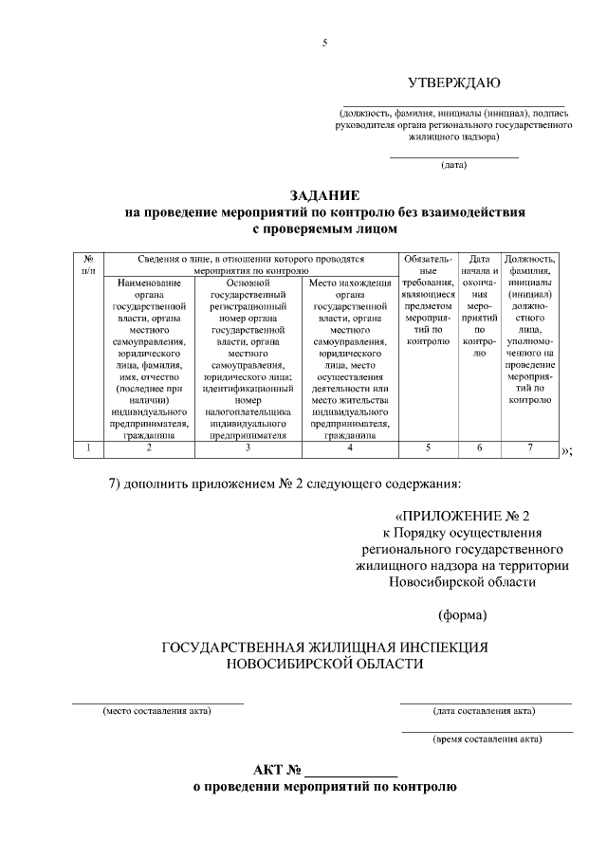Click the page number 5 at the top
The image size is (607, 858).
coord(324,44)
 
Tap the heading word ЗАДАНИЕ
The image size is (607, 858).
coord(323,195)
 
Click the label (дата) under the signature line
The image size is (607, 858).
coord(454,166)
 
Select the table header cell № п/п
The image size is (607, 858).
coord(88,265)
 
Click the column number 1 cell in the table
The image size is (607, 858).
coord(88,448)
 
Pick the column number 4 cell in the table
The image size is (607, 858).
coord(351,448)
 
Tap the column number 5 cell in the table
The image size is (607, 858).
coord(427,448)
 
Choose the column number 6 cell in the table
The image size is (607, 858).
coord(479,448)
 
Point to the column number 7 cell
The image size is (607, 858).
coord(530,448)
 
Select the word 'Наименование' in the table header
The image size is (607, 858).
coord(147,283)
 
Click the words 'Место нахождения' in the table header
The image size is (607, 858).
coord(351,283)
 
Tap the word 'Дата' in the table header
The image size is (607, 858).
coord(480,258)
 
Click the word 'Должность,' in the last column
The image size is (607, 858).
coord(530,258)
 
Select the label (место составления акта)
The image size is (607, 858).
coord(156,711)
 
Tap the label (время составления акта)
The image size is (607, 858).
coord(487,739)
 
